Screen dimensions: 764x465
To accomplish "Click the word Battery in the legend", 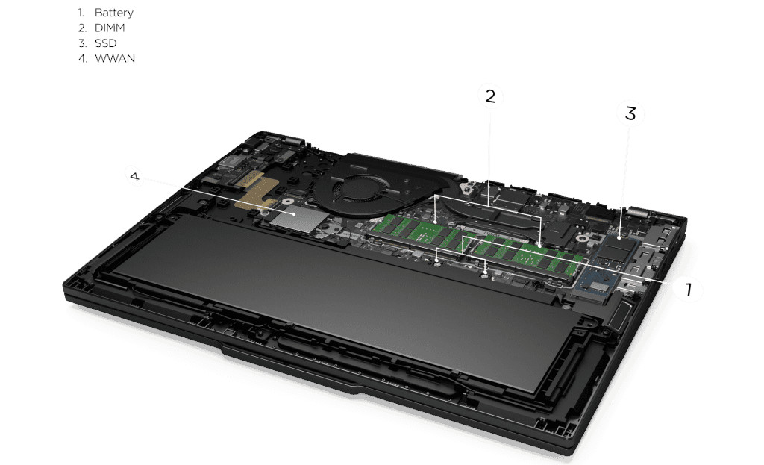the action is [x=113, y=13].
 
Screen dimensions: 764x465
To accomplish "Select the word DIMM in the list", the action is [x=110, y=28].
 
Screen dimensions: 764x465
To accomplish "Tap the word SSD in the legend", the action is [x=106, y=43].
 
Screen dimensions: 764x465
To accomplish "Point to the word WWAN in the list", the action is [x=115, y=58].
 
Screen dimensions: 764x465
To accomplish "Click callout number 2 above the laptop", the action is [x=490, y=96].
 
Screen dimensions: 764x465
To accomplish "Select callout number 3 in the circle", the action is [x=630, y=113].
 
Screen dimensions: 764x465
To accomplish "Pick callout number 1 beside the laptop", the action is [x=689, y=289].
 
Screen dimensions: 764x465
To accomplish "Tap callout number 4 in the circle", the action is [x=135, y=176].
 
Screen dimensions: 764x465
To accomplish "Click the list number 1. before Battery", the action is [x=81, y=13].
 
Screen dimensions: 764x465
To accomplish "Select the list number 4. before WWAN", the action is [x=83, y=58].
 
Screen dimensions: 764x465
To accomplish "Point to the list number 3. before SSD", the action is [x=82, y=43].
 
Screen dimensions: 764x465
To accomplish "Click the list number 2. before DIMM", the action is [x=82, y=28].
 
